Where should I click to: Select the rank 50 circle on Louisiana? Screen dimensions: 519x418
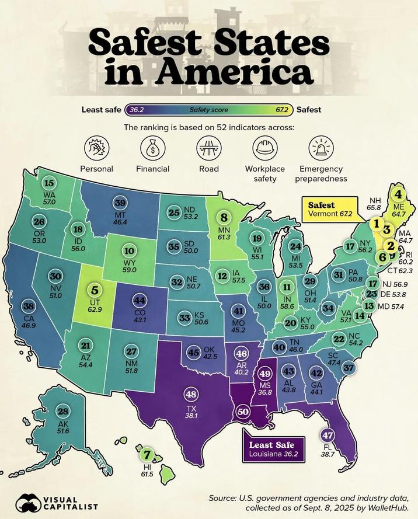click(243, 412)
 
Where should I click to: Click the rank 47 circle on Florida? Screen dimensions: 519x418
click(328, 436)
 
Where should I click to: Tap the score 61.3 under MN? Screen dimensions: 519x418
click(224, 238)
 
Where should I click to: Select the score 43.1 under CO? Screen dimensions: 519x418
click(140, 321)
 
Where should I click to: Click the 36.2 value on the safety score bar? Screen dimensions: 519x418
click(137, 110)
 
